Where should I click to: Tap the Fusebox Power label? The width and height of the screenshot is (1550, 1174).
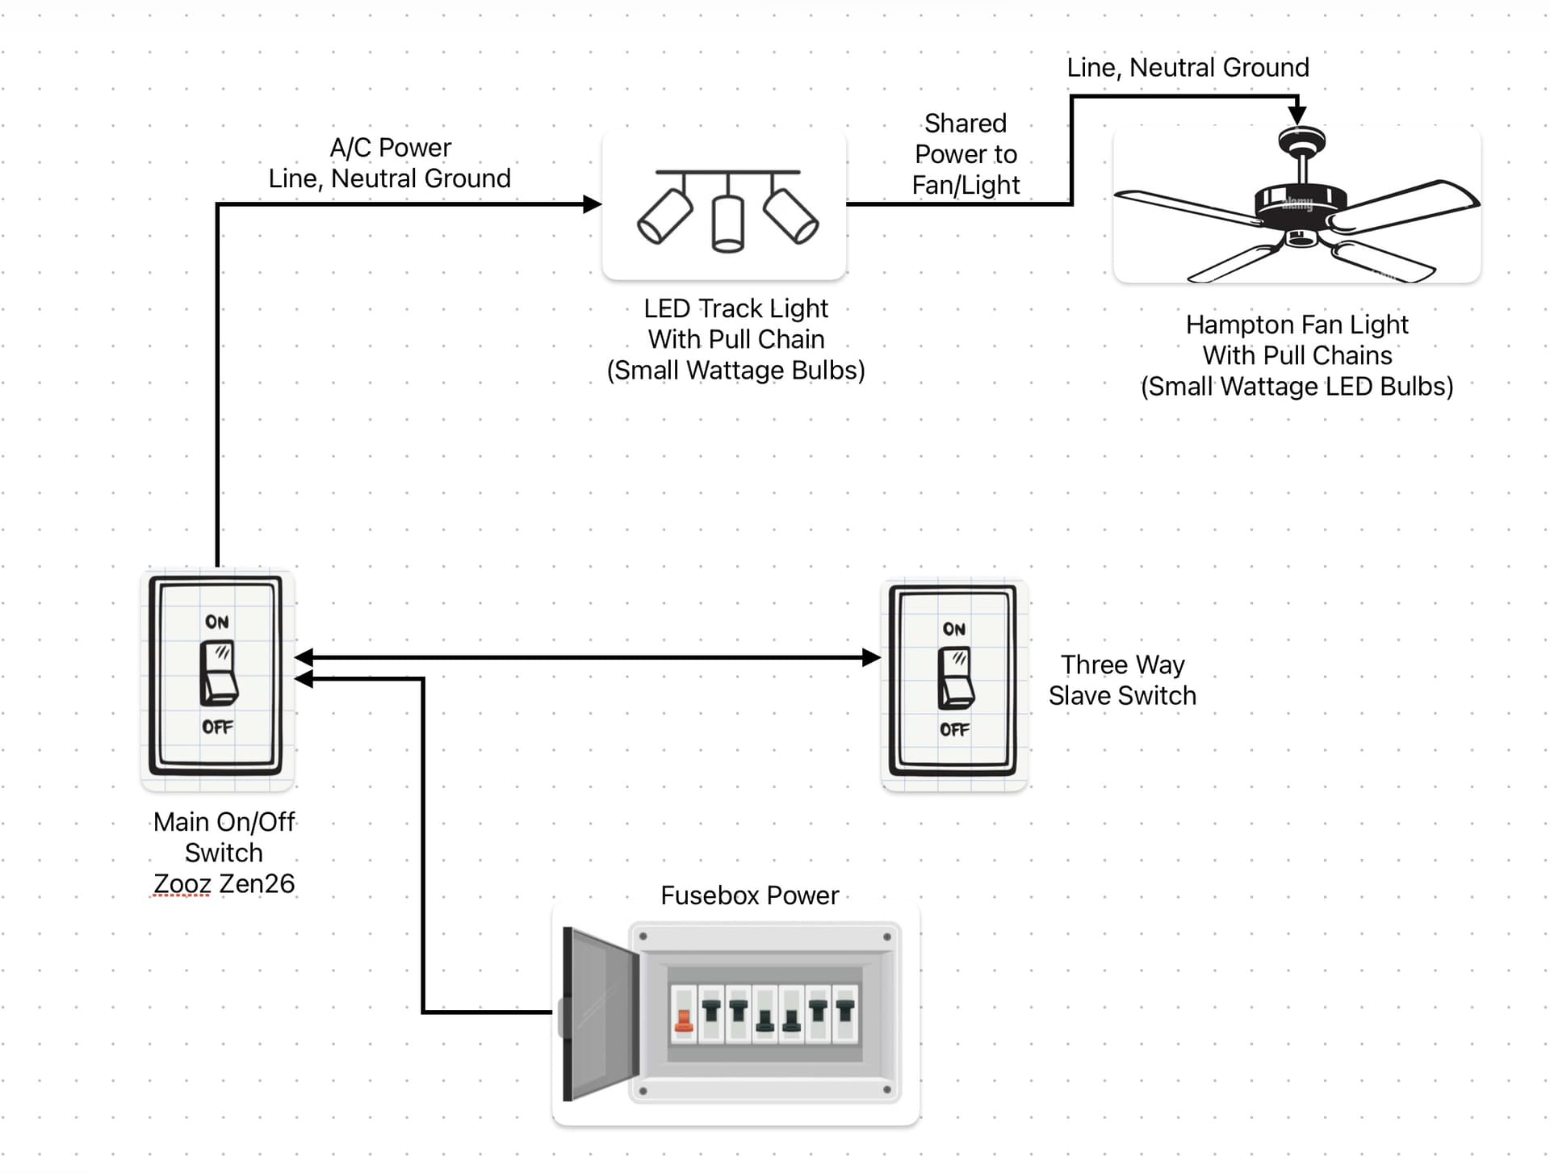coord(749,895)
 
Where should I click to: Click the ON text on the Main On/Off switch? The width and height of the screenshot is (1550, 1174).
coord(217,622)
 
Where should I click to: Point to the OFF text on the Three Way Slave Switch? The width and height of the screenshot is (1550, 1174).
coord(954,730)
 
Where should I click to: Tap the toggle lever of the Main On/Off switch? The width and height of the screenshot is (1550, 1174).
coord(218,673)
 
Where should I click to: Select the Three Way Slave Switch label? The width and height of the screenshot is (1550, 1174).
coord(1122,680)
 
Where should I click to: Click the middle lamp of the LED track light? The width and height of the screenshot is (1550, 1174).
coord(728,224)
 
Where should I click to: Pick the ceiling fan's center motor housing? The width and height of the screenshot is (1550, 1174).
coord(1300,202)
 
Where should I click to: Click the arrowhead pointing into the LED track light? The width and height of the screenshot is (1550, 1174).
coord(593,204)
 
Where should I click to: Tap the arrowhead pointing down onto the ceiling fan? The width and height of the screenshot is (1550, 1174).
coord(1297,115)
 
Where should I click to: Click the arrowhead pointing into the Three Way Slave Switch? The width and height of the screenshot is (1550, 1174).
coord(872,657)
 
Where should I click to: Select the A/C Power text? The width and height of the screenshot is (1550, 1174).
coord(391,148)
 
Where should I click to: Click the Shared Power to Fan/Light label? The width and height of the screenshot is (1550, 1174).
coord(966,154)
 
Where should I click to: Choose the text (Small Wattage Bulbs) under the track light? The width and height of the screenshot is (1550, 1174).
coord(735,371)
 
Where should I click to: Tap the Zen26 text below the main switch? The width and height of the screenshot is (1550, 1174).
coord(257,884)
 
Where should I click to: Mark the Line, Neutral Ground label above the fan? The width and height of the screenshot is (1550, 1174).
coord(1188,68)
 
